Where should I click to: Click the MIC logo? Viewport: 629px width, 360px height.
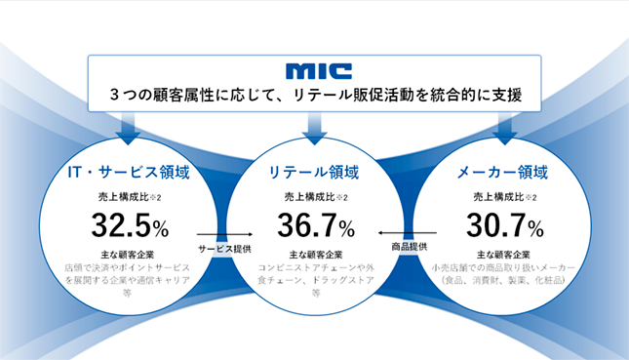click(x=319, y=71)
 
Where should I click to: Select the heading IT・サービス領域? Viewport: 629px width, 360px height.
click(x=129, y=172)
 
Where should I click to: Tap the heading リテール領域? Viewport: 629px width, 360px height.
click(x=314, y=172)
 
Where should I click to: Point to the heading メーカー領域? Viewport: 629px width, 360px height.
click(x=502, y=172)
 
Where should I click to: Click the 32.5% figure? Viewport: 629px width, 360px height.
click(x=130, y=225)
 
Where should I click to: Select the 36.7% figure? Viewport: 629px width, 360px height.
click(x=316, y=225)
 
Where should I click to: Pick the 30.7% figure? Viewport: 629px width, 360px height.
click(x=504, y=225)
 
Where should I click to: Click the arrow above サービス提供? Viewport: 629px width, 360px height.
click(x=224, y=234)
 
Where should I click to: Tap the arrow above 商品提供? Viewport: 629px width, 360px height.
click(x=408, y=233)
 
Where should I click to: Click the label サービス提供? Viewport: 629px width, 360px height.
click(x=224, y=249)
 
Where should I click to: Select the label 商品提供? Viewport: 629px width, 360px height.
click(x=410, y=247)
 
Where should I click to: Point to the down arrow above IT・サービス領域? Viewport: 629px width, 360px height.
click(x=128, y=129)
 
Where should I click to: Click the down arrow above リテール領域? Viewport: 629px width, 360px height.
click(x=314, y=129)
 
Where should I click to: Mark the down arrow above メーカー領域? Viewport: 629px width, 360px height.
click(x=504, y=129)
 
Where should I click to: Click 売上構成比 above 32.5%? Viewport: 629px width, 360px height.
click(x=124, y=197)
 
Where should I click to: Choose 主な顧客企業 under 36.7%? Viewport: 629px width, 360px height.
click(x=316, y=255)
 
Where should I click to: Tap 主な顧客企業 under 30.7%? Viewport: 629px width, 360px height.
click(x=503, y=255)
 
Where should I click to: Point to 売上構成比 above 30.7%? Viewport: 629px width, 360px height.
click(x=498, y=197)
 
